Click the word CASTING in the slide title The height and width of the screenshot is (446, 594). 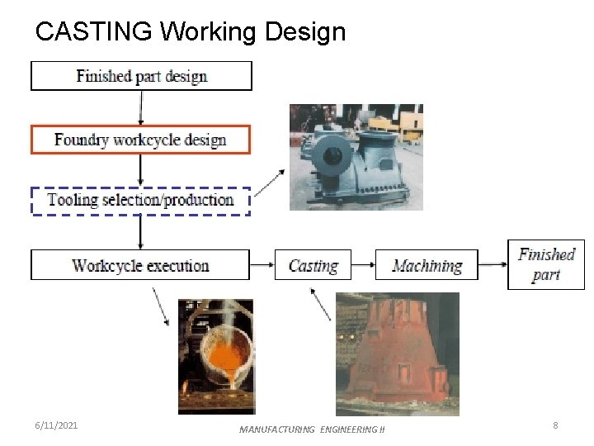tap(94, 32)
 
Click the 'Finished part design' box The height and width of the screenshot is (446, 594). tap(141, 76)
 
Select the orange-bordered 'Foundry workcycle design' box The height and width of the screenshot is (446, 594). tap(140, 139)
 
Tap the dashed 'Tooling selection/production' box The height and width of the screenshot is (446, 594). tap(140, 201)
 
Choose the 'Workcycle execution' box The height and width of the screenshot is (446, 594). tap(140, 265)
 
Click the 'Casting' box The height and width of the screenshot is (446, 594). tap(313, 265)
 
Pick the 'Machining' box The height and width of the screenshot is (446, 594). tap(427, 265)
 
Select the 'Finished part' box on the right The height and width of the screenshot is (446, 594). tap(545, 264)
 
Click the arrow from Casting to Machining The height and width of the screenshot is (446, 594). tap(363, 265)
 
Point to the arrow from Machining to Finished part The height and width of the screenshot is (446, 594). tap(493, 265)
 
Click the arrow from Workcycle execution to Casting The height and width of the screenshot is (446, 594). tap(262, 265)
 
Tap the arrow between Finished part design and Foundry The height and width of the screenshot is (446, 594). tap(141, 107)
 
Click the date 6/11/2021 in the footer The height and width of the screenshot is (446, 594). tap(57, 425)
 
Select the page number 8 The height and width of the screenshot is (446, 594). tap(555, 425)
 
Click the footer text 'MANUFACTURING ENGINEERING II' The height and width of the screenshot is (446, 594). tap(312, 429)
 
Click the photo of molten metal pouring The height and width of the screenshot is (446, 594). tap(216, 356)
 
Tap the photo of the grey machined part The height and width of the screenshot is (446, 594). tap(356, 157)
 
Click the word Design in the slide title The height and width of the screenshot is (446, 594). tap(304, 32)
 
